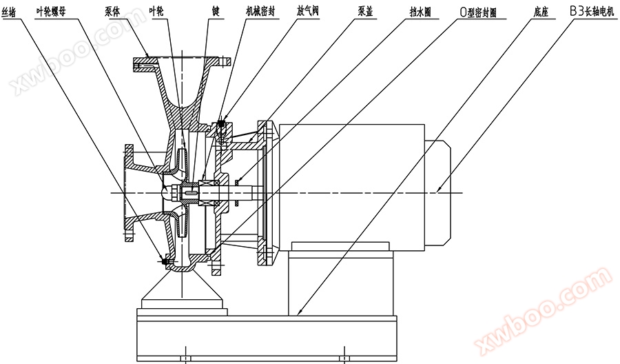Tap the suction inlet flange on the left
point(130,193)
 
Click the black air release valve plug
point(221,128)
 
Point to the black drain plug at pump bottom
point(165,261)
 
